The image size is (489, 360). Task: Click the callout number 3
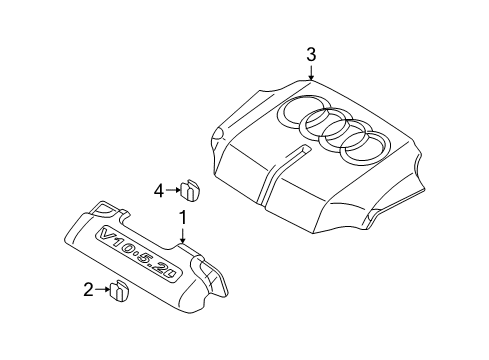[311, 55]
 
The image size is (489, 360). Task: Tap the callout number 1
[183, 218]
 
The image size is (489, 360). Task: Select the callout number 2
[88, 289]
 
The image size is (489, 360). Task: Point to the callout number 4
[159, 191]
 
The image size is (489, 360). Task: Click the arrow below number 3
[311, 72]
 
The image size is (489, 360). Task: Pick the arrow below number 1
[182, 235]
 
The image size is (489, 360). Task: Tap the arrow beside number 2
[102, 289]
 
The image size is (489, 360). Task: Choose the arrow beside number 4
[173, 190]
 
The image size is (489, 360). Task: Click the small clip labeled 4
[188, 190]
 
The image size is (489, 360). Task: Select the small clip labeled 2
[119, 291]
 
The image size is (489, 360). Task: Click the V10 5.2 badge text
[139, 255]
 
